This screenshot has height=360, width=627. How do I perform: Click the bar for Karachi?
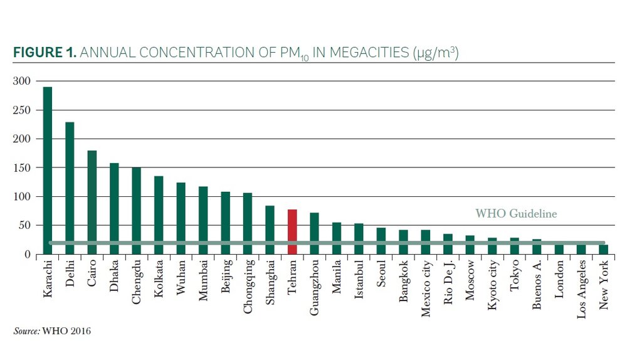48,169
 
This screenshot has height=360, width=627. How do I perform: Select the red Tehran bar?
292,231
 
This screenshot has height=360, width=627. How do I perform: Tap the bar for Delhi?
70,188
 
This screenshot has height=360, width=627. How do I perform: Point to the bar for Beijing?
225,223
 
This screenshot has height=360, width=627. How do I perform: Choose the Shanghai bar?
270,230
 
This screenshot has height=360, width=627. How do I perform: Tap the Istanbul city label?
359,280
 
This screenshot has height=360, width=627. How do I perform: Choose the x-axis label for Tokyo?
514,277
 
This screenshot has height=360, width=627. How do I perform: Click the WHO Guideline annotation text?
516,214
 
